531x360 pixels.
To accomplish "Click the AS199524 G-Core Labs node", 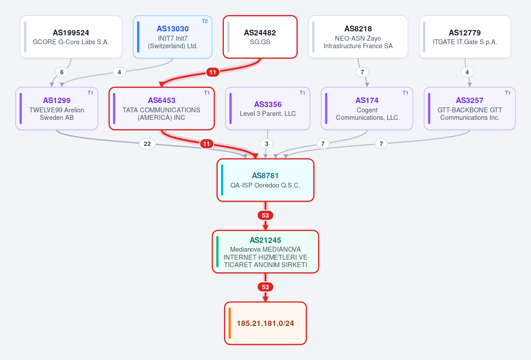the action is (71, 37).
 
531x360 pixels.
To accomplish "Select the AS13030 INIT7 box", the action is (173, 37).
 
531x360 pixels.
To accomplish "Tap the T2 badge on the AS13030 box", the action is (204, 21).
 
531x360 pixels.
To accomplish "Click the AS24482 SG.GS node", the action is (260, 37).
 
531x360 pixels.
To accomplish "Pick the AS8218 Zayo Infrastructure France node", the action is (358, 37).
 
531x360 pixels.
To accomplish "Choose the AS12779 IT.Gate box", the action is (465, 37).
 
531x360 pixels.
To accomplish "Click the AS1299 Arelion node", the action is (57, 108).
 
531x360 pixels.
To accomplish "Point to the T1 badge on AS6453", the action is (207, 93).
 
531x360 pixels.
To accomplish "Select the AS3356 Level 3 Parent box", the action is (268, 108).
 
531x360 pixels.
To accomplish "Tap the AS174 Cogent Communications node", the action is (367, 108).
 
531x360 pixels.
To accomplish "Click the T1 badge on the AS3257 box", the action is (508, 93).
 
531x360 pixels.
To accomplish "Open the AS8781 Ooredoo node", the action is (265, 180).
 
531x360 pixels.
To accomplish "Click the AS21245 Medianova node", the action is (265, 252).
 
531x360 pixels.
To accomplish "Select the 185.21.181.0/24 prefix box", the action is (265, 323).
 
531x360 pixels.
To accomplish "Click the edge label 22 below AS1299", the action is (147, 144).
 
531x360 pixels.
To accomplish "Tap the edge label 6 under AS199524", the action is (62, 72).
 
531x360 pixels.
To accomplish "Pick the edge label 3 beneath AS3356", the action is (267, 144).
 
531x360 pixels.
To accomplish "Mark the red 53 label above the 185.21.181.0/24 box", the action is (265, 287).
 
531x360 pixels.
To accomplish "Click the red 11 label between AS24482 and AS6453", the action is (213, 72).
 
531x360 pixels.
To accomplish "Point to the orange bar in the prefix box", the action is (230, 323).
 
